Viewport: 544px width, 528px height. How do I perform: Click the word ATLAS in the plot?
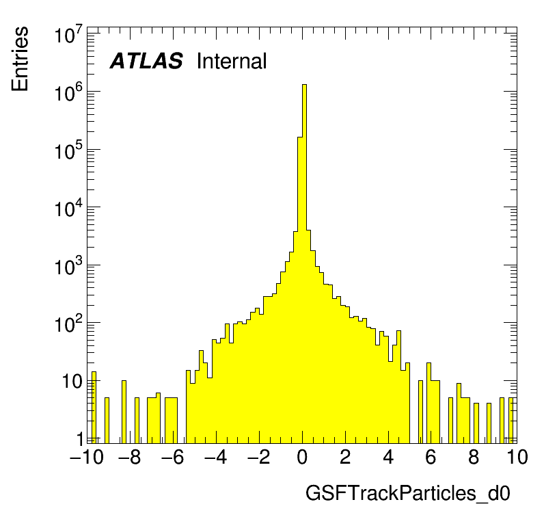click(146, 62)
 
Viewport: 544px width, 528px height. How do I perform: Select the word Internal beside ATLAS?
click(231, 62)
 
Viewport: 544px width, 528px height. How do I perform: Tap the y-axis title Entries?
click(20, 59)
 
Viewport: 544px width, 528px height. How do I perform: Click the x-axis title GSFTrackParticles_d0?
click(408, 494)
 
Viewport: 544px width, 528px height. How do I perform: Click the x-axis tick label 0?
click(302, 458)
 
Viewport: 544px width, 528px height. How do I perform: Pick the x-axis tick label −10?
click(86, 458)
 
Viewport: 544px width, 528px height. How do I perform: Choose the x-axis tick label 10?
click(517, 458)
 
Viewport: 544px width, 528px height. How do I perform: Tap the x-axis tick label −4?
click(216, 458)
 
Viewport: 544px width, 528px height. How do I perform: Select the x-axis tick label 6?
click(431, 458)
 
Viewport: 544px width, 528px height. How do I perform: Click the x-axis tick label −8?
click(130, 458)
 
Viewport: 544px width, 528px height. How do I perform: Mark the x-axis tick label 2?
click(345, 458)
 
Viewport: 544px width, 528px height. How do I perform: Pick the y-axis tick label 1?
click(80, 438)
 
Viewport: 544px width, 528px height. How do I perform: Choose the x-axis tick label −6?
click(173, 458)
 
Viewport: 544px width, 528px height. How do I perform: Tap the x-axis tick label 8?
click(474, 458)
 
